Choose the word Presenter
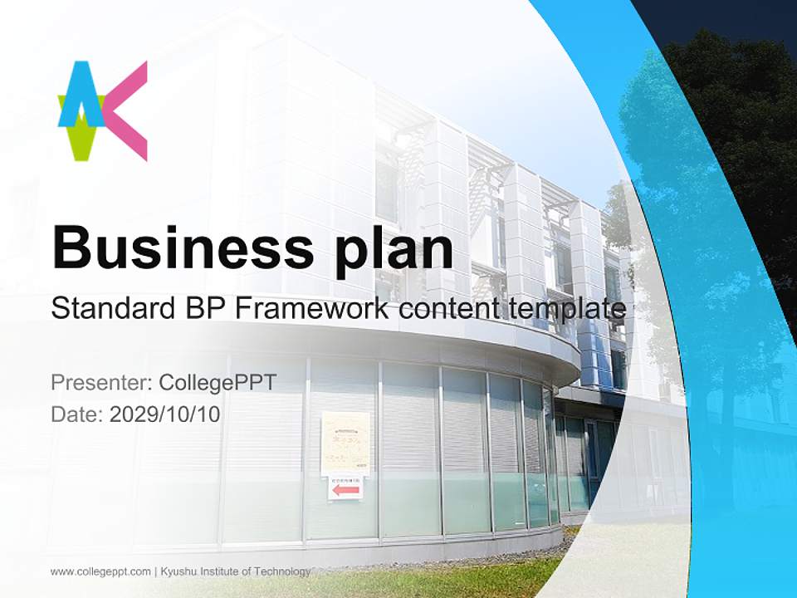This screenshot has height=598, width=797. (x=100, y=383)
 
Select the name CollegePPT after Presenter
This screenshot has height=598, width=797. (x=218, y=383)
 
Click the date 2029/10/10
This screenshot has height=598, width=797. (x=165, y=414)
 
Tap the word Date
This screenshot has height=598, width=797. (x=76, y=414)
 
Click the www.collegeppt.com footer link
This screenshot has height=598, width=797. (x=100, y=571)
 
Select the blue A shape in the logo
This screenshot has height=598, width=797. (x=81, y=96)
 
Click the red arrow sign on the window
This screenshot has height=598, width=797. (x=345, y=490)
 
